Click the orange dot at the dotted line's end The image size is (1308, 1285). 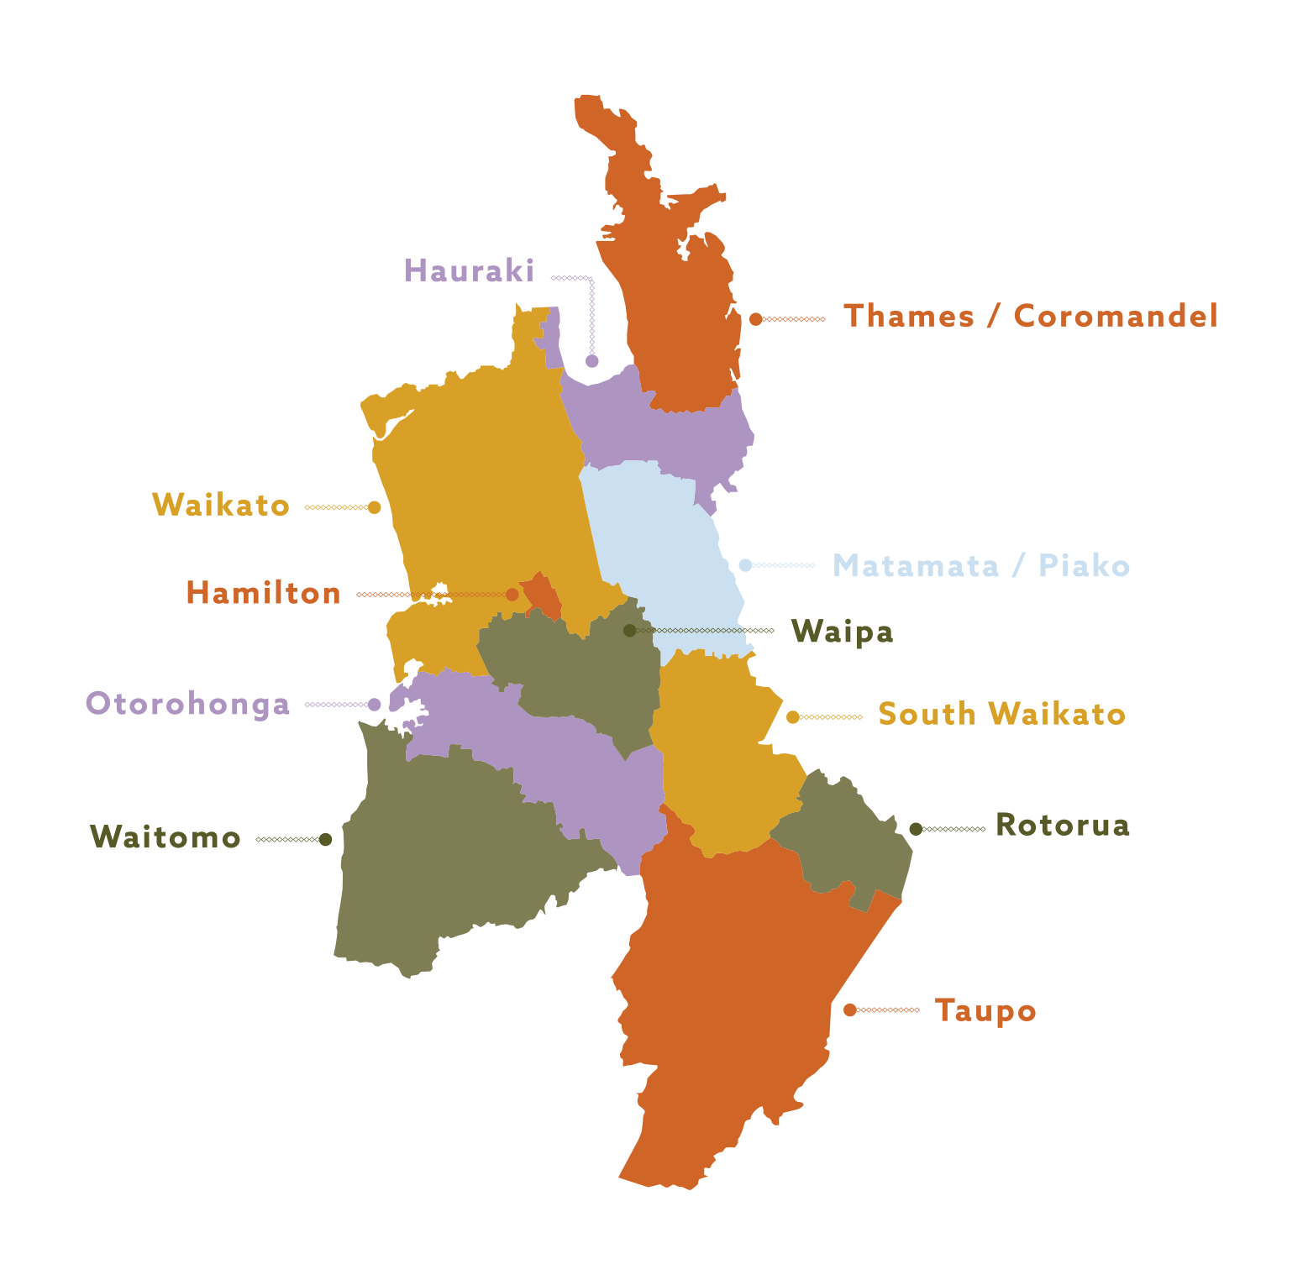pos(512,595)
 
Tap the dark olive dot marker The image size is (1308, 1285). pos(629,630)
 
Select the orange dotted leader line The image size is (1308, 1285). pos(462,595)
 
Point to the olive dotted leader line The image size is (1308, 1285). pos(689,630)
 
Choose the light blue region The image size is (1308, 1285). pos(966,580)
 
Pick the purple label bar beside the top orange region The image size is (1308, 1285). pos(496,276)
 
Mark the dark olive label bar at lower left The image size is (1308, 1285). pos(210,842)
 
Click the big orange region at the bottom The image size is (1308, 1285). pos(924,1050)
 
